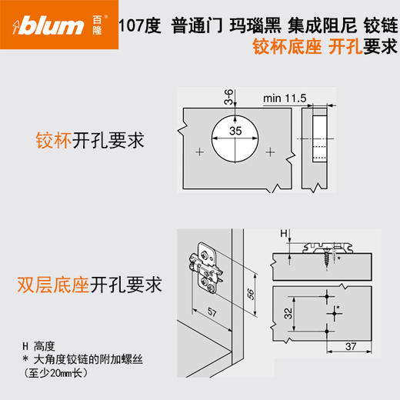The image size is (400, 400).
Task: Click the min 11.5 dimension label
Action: [x=284, y=98]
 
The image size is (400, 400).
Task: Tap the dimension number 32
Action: [x=285, y=313]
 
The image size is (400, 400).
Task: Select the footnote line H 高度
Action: [x=46, y=345]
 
